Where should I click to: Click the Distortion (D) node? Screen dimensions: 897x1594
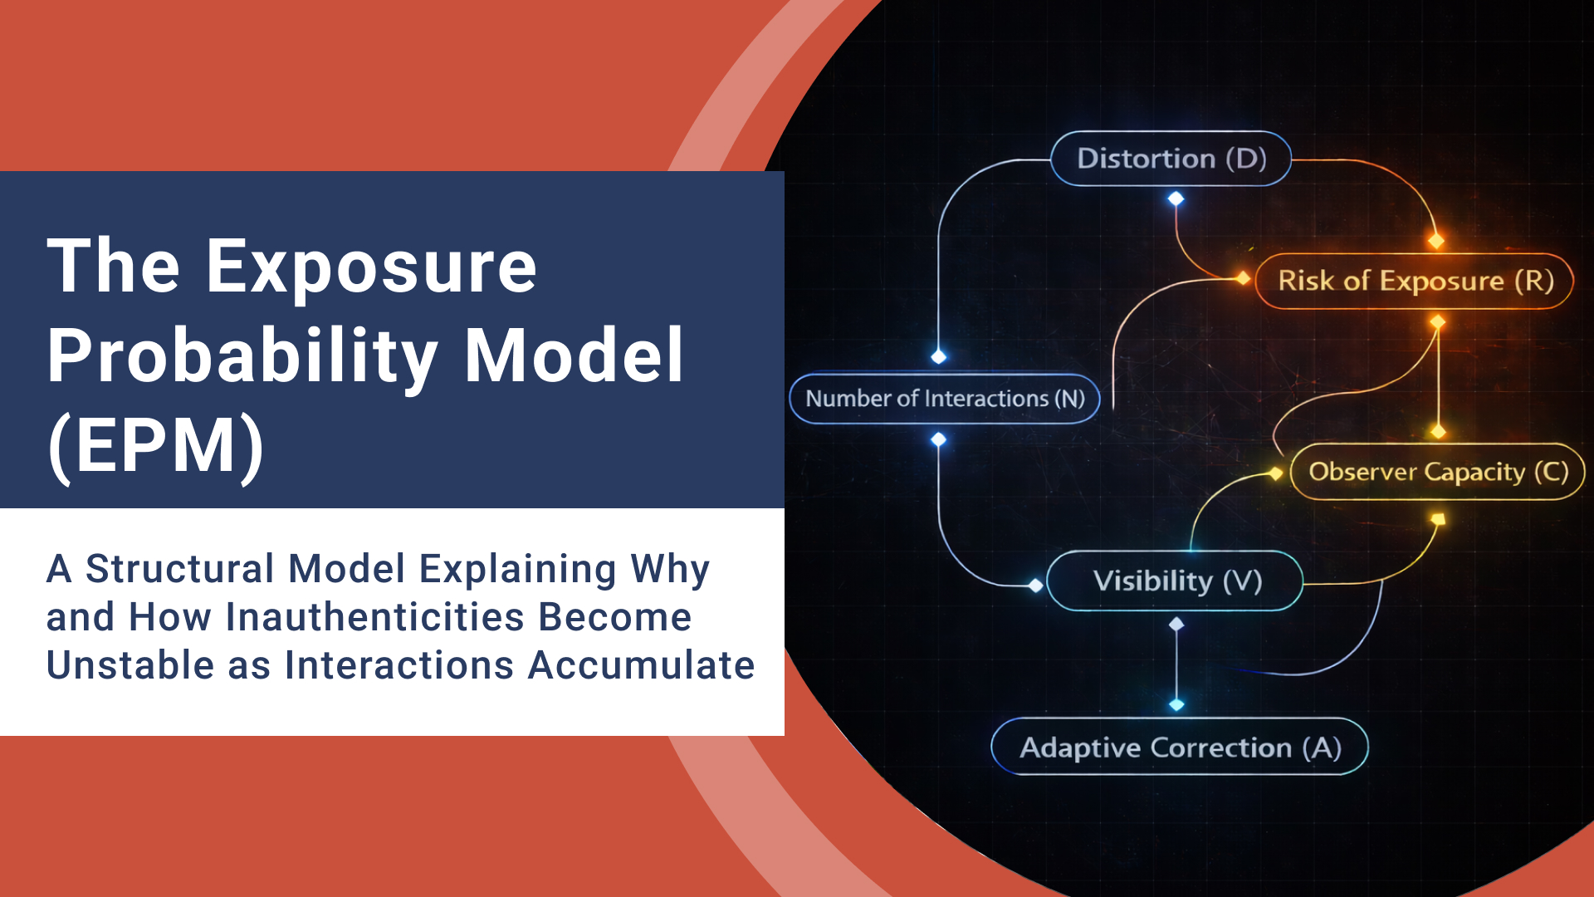point(1171,159)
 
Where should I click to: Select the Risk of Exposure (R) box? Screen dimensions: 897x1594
point(1414,281)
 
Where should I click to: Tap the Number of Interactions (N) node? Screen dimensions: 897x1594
point(945,399)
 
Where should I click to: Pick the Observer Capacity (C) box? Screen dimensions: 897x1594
point(1437,472)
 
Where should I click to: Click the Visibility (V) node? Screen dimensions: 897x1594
point(1176,581)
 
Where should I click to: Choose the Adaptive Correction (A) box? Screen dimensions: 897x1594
point(1180,747)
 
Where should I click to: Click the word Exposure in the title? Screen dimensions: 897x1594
point(371,267)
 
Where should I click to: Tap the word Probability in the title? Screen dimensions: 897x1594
point(242,357)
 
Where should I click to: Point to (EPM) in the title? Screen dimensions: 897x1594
point(156,446)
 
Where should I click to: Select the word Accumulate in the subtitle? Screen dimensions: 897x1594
point(641,665)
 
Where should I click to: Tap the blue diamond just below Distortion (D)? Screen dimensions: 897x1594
point(1176,199)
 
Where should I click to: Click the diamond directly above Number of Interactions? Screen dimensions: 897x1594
point(939,356)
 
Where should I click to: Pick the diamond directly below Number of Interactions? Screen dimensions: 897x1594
point(939,439)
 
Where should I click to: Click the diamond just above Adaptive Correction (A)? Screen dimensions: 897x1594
point(1176,704)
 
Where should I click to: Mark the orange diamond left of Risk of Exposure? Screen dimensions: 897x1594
point(1243,278)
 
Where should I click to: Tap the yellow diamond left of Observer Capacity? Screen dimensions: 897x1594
point(1276,473)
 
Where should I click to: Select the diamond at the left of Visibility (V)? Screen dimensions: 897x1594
point(1035,586)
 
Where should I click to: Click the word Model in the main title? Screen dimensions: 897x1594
point(573,357)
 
